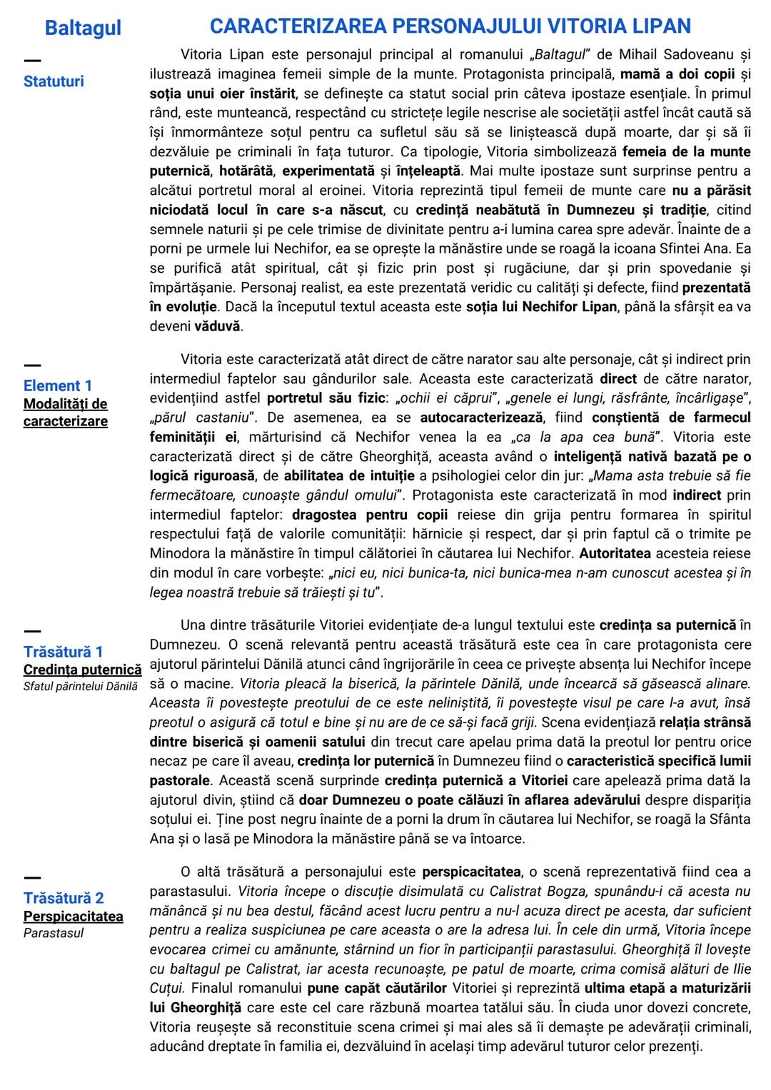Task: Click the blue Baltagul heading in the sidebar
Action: (x=82, y=28)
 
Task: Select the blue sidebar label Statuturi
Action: (x=54, y=81)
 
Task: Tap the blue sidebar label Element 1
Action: (x=58, y=385)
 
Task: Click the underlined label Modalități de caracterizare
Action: (x=66, y=413)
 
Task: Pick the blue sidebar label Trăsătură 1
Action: (x=63, y=652)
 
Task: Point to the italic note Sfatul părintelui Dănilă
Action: (x=80, y=687)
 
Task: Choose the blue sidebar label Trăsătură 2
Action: (x=64, y=898)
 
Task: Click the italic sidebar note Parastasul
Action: (x=54, y=933)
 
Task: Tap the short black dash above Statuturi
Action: (x=32, y=60)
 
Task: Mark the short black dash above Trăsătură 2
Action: (x=32, y=877)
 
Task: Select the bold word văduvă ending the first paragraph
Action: (x=218, y=326)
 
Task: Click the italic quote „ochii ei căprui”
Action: (x=440, y=398)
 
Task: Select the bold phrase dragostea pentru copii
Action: (x=370, y=515)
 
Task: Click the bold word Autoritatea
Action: (x=615, y=553)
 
